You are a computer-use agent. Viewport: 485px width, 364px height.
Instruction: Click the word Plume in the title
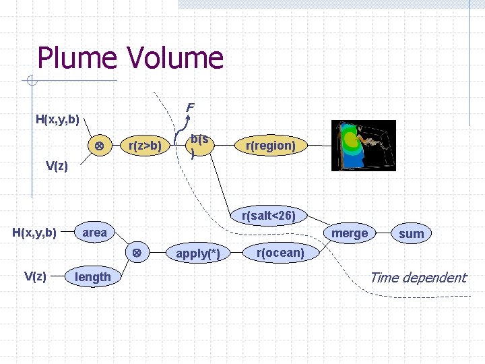tap(69, 58)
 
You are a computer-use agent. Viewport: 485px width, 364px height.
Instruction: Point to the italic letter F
tap(190, 107)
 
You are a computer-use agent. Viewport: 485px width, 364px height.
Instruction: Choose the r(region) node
tap(270, 145)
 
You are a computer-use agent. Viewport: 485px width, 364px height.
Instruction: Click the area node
tap(95, 233)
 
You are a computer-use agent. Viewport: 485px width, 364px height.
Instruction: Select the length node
tap(93, 277)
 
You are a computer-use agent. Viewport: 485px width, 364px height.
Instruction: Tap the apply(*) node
tap(198, 254)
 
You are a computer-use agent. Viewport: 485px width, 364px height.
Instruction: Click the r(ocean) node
tap(280, 253)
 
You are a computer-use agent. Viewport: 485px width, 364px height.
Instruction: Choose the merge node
tap(350, 233)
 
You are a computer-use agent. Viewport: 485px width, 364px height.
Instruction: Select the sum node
tap(411, 233)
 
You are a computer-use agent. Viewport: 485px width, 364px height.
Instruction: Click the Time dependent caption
tap(418, 277)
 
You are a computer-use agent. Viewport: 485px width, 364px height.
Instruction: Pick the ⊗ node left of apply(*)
tap(135, 253)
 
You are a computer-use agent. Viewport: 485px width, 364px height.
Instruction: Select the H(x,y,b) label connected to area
tap(35, 233)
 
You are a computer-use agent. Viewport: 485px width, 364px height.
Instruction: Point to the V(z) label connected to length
tap(35, 276)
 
